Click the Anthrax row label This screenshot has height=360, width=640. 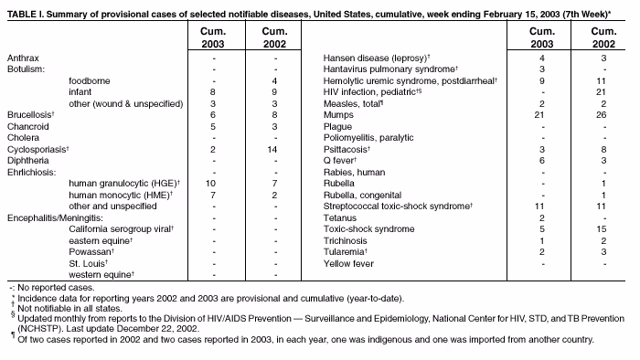[x=23, y=58]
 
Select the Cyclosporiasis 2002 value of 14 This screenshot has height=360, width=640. [x=274, y=149]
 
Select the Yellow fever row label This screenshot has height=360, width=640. [x=348, y=263]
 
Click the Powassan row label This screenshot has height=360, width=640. [x=91, y=252]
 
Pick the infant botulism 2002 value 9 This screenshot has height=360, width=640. [x=274, y=92]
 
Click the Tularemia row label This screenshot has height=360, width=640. [x=346, y=252]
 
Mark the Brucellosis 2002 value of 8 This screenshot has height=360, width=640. [x=274, y=115]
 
